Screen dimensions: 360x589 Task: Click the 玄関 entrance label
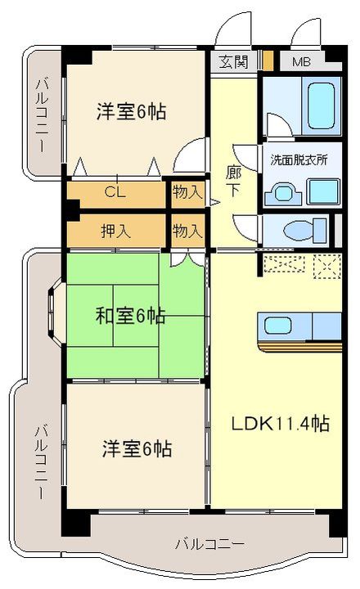(x=234, y=62)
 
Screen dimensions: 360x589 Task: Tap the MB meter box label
(x=301, y=62)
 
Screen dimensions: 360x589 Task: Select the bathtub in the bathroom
(x=321, y=106)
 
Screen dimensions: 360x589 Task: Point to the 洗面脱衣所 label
(x=299, y=160)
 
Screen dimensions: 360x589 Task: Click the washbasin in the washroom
(x=283, y=194)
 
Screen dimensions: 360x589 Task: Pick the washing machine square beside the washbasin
(x=323, y=191)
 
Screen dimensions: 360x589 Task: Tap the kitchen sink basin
(x=277, y=326)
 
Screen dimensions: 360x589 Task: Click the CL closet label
(x=115, y=192)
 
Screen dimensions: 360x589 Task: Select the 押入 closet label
(x=115, y=231)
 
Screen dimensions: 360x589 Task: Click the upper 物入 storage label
(x=187, y=192)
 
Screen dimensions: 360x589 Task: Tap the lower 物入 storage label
(x=187, y=231)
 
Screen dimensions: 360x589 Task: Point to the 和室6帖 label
(x=130, y=316)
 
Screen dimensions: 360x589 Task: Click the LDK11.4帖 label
(x=281, y=424)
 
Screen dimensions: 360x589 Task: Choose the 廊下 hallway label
(x=233, y=182)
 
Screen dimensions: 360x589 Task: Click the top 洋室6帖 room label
(x=131, y=111)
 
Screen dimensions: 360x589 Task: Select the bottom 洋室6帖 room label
(x=137, y=448)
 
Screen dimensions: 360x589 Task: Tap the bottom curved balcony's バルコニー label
(x=210, y=543)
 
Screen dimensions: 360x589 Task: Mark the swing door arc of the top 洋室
(x=187, y=151)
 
